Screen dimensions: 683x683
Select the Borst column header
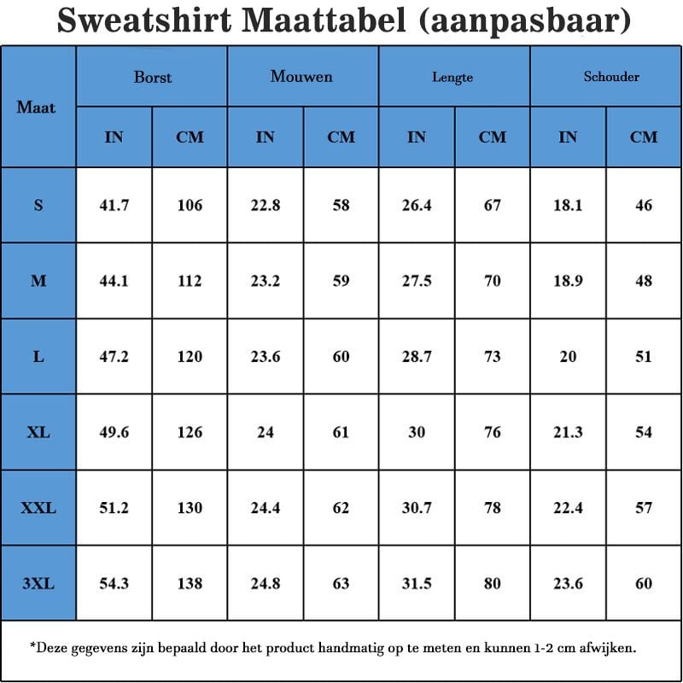tap(152, 77)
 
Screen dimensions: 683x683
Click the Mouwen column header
tap(301, 77)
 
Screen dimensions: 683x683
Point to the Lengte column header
tap(452, 78)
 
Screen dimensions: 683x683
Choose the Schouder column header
tap(611, 77)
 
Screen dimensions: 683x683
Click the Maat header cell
tap(36, 108)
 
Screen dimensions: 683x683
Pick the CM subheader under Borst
tap(190, 137)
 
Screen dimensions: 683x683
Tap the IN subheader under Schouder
tap(568, 137)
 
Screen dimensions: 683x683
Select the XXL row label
tap(38, 508)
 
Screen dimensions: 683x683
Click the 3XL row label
tap(38, 584)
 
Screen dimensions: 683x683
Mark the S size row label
tap(38, 205)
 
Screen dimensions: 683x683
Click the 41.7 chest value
tap(114, 205)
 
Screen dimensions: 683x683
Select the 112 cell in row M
tap(190, 281)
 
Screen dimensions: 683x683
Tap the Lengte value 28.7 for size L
tap(417, 357)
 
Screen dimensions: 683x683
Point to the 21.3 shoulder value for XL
tap(568, 432)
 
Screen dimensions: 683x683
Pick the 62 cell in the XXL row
tap(341, 508)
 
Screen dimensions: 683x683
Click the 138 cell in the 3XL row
tap(190, 584)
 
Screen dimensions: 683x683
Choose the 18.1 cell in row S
tap(568, 205)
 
